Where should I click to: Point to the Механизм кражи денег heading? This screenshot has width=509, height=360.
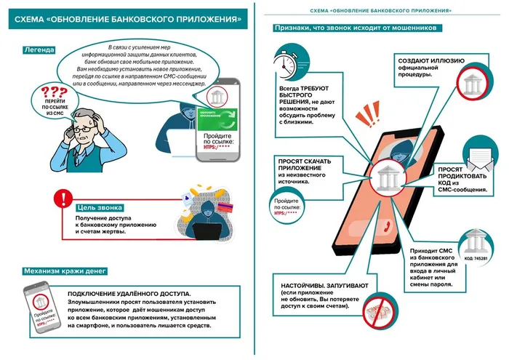click(x=65, y=271)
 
